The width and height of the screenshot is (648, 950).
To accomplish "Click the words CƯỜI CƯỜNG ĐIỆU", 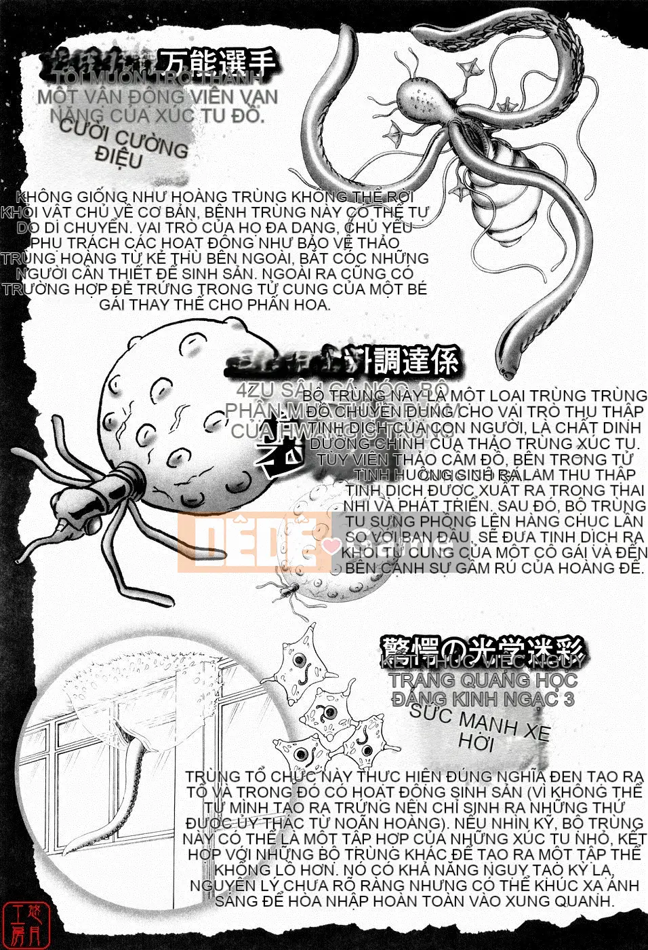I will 122,145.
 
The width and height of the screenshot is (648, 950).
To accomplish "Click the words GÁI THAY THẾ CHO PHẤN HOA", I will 215,304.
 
